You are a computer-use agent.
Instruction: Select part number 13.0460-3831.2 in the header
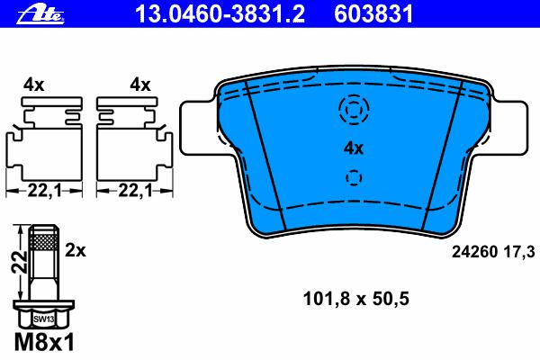click(220, 14)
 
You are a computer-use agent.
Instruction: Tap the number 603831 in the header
click(373, 14)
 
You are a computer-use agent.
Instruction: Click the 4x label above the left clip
click(34, 85)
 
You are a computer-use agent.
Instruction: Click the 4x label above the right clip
click(140, 85)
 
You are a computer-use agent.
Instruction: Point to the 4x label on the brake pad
click(354, 148)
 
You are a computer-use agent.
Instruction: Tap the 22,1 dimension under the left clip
click(44, 191)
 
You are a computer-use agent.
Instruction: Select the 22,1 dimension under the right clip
click(135, 191)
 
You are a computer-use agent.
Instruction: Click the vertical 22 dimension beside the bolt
click(20, 262)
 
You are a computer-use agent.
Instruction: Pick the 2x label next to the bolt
click(76, 250)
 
